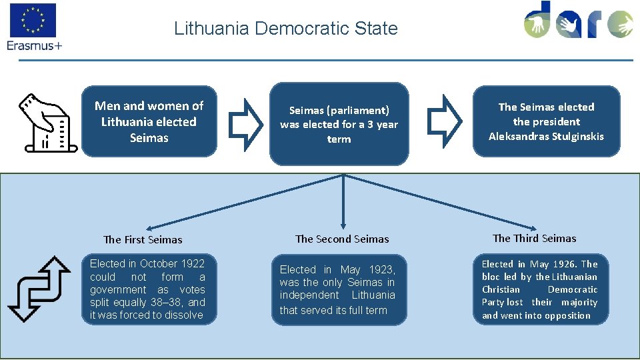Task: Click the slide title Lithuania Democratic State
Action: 285,29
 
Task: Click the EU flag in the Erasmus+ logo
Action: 33,20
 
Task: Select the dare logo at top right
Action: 577,21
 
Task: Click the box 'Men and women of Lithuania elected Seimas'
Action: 149,121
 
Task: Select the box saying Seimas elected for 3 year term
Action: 339,124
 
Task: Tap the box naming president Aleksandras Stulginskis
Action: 546,121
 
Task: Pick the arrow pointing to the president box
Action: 443,120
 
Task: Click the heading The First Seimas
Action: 143,240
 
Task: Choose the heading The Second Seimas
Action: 342,239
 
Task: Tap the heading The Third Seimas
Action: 534,239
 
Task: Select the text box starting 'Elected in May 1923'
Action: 338,289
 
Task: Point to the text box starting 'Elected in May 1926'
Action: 540,289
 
